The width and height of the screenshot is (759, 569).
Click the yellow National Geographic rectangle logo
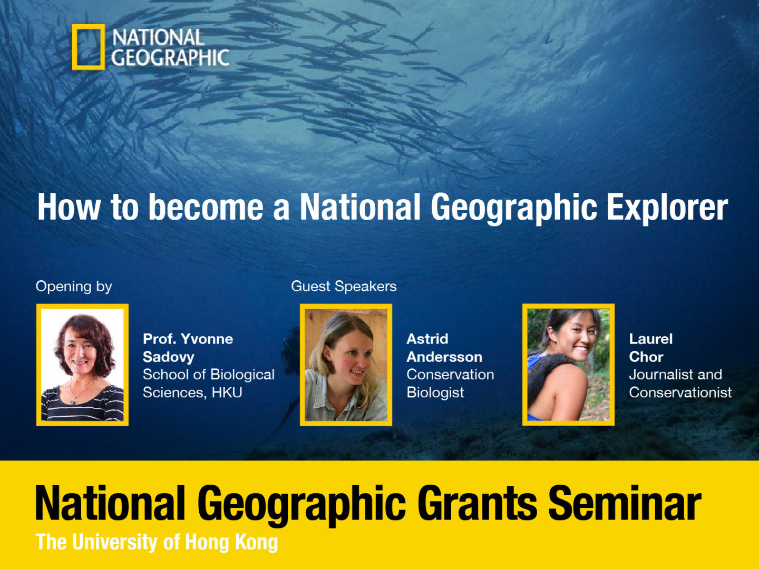point(73,47)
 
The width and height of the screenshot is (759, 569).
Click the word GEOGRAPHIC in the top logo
point(170,57)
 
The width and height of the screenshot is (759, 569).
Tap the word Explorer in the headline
point(667,208)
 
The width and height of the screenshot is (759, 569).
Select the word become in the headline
point(206,207)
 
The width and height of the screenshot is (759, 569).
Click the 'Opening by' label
point(74,287)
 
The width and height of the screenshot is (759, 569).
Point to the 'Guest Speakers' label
point(344,287)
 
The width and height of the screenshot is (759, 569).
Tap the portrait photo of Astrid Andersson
point(346,365)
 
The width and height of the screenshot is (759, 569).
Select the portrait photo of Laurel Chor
point(569,365)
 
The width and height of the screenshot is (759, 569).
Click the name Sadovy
point(168,357)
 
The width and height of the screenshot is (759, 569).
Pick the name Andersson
point(444,357)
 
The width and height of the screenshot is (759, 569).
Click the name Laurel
point(651,339)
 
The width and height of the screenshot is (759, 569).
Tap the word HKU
point(227,393)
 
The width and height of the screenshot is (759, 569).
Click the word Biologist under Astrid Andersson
point(435,393)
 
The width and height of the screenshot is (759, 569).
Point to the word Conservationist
point(680,393)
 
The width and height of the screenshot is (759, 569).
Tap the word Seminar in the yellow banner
point(625,503)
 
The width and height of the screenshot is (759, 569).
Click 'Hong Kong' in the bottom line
point(232,542)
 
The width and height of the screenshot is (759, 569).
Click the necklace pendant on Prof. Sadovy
point(73,402)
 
